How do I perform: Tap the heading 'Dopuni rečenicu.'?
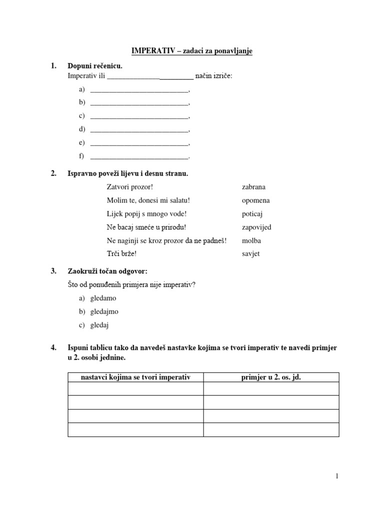[x=94, y=66]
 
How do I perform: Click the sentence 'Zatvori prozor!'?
[x=128, y=187]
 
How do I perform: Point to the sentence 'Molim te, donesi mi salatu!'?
[x=148, y=200]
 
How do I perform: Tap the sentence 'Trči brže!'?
[x=121, y=253]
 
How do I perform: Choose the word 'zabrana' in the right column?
[x=253, y=187]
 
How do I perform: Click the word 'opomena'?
[x=255, y=200]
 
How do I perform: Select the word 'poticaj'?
[x=252, y=213]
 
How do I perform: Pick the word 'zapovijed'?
[x=256, y=227]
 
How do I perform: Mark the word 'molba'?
[x=251, y=240]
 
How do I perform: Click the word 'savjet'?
[x=250, y=253]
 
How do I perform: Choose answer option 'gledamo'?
[x=103, y=298]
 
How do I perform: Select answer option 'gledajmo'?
[x=104, y=311]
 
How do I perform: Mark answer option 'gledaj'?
[x=99, y=325]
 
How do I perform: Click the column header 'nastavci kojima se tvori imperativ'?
[x=135, y=377]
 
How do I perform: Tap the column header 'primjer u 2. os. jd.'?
[x=271, y=377]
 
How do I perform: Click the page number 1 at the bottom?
[x=337, y=476]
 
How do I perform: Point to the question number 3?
[x=53, y=271]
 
